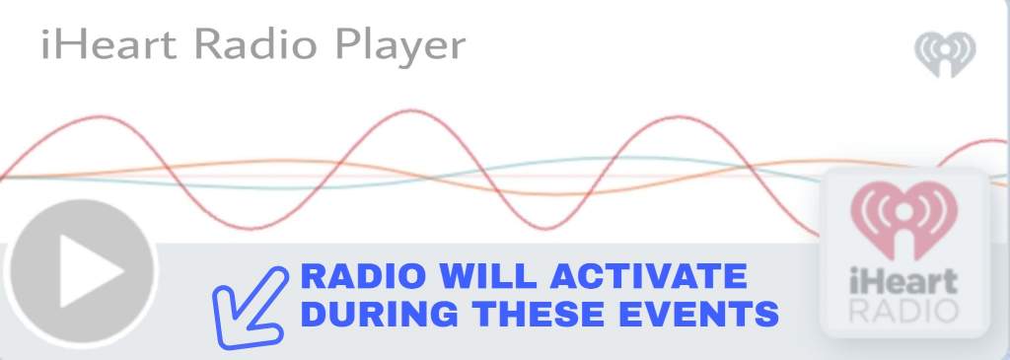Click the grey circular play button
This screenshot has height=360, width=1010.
pos(82,270)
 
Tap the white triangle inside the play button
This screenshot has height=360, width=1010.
pos(91,270)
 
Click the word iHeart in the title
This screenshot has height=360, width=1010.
pos(108,44)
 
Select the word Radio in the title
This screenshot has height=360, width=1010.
pos(255,44)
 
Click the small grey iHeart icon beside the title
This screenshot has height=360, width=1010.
pos(945,54)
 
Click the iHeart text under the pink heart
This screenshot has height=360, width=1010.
pos(903,281)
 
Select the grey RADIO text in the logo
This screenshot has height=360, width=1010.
pos(903,311)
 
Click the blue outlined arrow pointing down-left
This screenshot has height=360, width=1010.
pos(250,308)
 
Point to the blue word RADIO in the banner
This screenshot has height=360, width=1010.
pos(363,276)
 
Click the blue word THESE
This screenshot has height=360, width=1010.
pos(539,314)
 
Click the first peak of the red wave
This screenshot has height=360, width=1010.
pos(100,116)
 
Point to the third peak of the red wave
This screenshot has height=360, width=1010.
pos(678,116)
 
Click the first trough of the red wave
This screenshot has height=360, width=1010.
pos(253,228)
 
